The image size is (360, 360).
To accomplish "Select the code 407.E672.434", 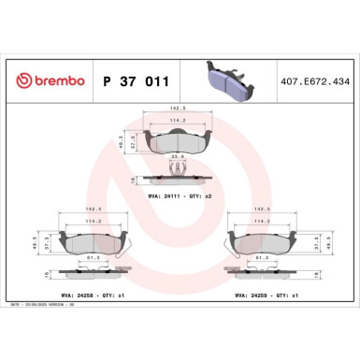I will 314,82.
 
